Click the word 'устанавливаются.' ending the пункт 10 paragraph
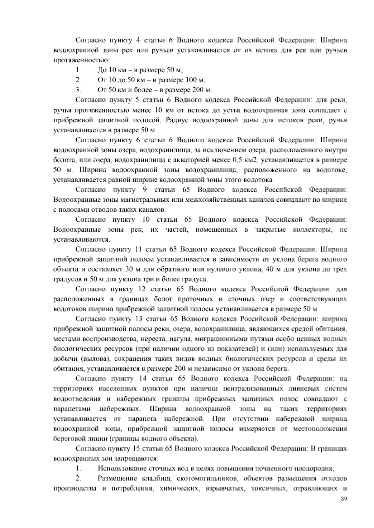coord(77,240)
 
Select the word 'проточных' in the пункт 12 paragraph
coord(195,299)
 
